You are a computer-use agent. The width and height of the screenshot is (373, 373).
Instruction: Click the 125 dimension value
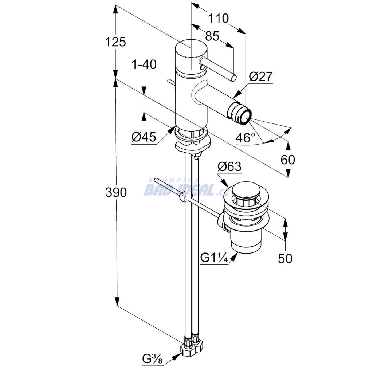point(115,42)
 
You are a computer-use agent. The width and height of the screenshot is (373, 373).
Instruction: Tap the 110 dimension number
point(218,18)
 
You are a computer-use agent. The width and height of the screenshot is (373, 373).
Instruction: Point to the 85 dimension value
point(212,36)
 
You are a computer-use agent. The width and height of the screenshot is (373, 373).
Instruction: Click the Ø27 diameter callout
point(261,76)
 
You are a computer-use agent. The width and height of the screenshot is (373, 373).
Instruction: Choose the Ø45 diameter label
point(144,137)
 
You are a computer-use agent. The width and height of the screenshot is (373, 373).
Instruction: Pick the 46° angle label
point(245,138)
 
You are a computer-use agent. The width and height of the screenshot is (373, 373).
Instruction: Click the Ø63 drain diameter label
point(229,166)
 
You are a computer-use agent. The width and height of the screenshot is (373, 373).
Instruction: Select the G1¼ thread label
point(214,258)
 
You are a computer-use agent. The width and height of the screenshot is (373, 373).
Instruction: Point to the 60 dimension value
point(288,159)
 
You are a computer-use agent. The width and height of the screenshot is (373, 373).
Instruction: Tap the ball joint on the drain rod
point(182,198)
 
